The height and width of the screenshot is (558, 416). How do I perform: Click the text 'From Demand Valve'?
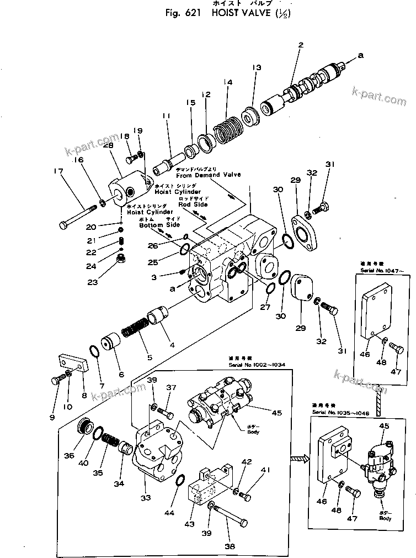point(208,175)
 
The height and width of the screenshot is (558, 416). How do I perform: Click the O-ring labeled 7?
point(94,352)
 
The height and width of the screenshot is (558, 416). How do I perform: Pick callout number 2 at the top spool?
point(301,45)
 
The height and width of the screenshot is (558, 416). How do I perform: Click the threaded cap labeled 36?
point(84,428)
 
